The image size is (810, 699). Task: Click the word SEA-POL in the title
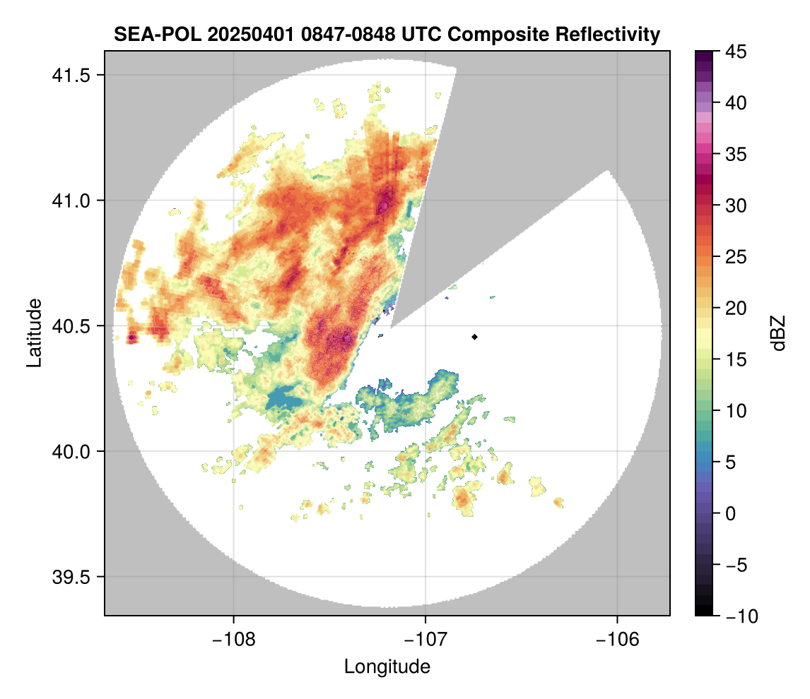147,34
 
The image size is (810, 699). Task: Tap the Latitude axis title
34,333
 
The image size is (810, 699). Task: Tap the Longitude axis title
387,666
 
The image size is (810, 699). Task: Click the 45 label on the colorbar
736,52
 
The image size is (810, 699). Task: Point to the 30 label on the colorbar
736,205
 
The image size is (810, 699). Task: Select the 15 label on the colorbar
736,359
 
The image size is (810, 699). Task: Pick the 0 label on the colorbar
732,513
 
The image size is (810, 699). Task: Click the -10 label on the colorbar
738,616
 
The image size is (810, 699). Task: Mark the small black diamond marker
475,337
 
